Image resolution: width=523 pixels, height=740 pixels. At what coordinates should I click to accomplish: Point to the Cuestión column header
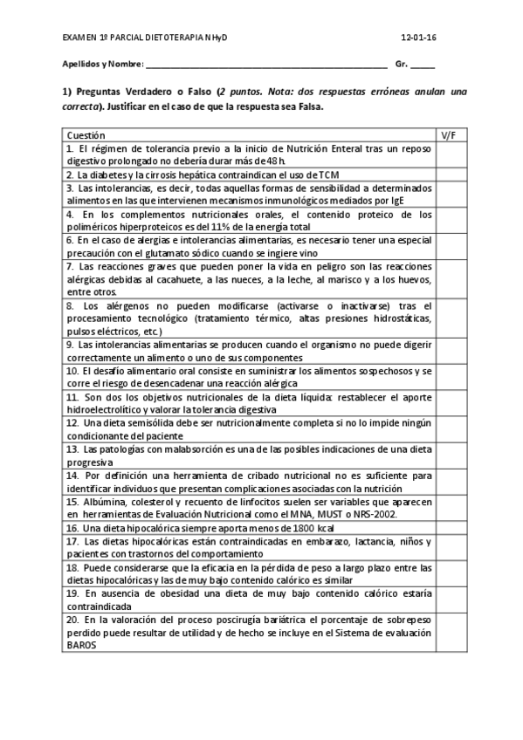86,135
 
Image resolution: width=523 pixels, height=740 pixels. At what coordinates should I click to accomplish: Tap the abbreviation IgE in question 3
398,200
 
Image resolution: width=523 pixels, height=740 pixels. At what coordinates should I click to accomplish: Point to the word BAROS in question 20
80,645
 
